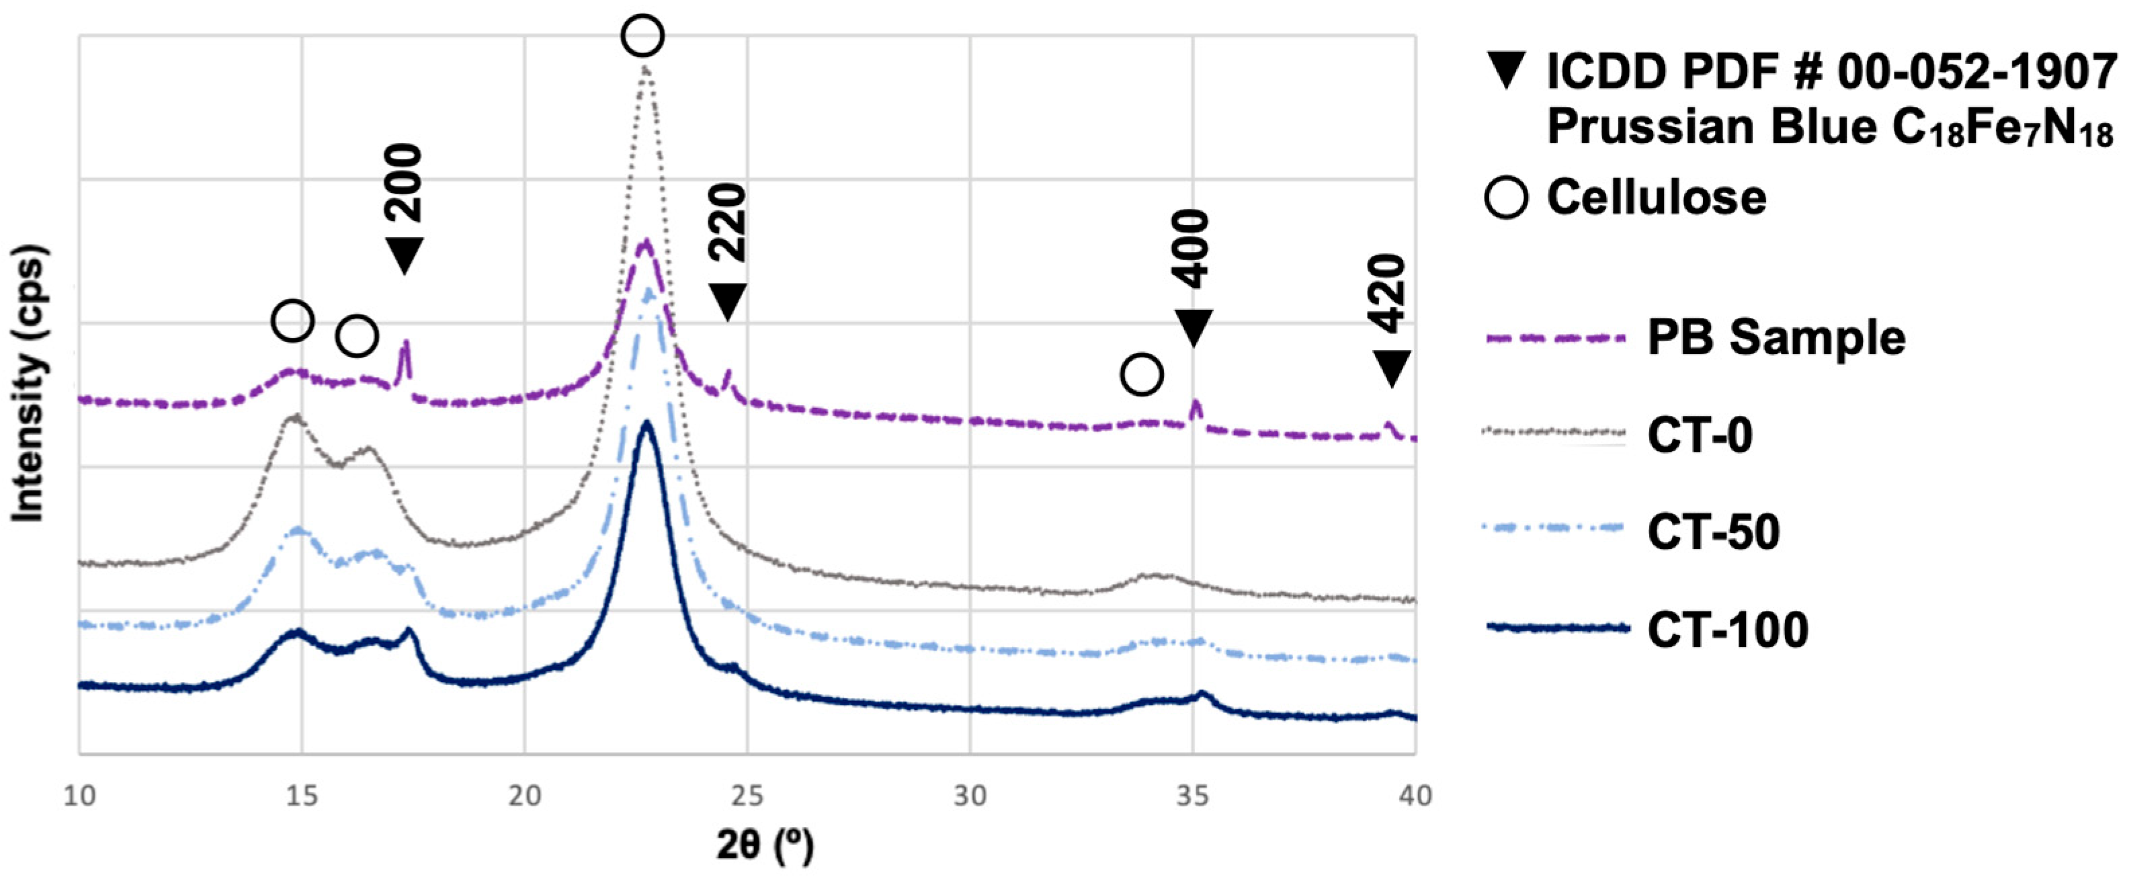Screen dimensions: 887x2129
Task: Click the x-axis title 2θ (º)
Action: pyautogui.click(x=765, y=845)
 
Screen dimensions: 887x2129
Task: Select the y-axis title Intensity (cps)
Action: pyautogui.click(x=29, y=384)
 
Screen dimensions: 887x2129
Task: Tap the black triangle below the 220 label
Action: pyautogui.click(x=727, y=301)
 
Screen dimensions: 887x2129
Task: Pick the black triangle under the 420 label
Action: pyautogui.click(x=1391, y=367)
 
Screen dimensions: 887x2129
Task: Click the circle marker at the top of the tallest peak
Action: pyautogui.click(x=643, y=36)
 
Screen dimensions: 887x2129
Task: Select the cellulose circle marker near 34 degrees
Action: pyautogui.click(x=1141, y=374)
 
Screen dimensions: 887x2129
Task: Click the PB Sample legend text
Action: pyautogui.click(x=1777, y=338)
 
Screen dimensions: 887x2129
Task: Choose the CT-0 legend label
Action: pyautogui.click(x=1700, y=435)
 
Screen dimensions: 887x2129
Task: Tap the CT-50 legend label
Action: pyautogui.click(x=1713, y=532)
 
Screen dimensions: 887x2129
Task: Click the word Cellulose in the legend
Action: pyautogui.click(x=1657, y=198)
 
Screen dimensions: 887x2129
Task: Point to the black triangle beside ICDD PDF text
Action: pyautogui.click(x=1506, y=71)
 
